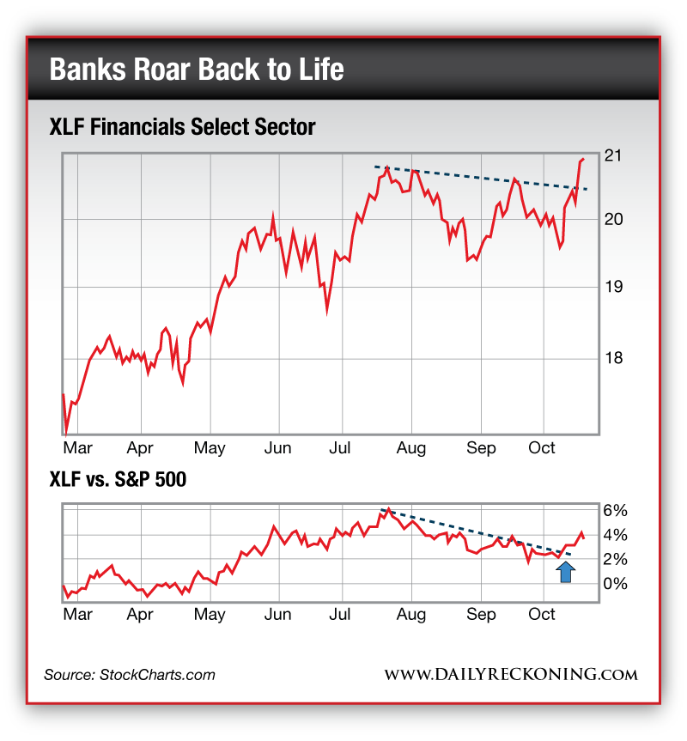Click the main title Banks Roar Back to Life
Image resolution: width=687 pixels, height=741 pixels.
pos(197,69)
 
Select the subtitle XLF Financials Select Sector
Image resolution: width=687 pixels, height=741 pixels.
pos(183,127)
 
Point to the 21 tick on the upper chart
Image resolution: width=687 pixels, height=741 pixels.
pos(612,155)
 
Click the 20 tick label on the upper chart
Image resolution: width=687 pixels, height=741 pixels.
pos(612,220)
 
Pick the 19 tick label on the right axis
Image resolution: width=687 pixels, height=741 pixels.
pos(612,286)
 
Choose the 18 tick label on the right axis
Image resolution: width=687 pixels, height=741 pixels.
pos(612,358)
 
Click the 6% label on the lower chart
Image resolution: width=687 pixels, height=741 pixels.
pos(616,510)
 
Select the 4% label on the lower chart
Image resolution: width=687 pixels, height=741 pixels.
pos(616,535)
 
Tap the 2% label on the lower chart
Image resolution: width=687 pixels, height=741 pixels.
pos(616,559)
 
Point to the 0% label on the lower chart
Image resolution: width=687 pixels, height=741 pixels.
pos(616,584)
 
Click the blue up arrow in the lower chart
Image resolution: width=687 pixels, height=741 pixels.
pos(565,572)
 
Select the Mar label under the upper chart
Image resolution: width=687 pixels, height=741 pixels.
pos(78,448)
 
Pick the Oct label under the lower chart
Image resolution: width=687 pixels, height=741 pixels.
pos(542,614)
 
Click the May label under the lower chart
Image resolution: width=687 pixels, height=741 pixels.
pos(210,614)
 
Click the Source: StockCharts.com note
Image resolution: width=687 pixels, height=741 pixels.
pos(130,675)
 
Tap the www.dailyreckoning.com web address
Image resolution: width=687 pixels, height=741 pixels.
pos(511,675)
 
